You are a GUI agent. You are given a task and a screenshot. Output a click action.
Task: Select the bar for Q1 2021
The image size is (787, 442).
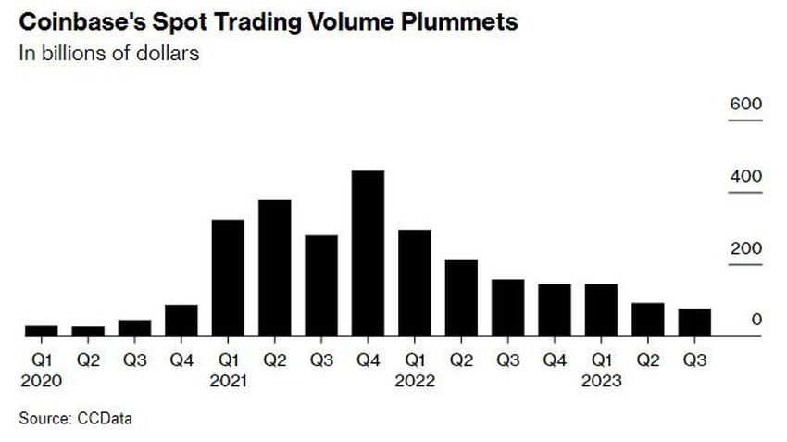point(228,278)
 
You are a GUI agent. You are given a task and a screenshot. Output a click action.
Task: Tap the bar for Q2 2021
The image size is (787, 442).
point(274,268)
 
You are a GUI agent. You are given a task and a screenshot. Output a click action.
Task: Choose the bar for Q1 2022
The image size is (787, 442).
point(414,283)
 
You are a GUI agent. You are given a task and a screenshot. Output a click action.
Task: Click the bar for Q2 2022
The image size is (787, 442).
point(461,298)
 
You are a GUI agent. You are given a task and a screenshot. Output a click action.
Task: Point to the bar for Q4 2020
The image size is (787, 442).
point(181,321)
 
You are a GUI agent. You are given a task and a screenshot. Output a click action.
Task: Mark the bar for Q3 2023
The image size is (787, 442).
point(694,322)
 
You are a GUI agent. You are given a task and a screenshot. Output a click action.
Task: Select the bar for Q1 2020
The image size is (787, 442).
point(42,331)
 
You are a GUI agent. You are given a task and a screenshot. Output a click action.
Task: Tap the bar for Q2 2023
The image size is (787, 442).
point(648,320)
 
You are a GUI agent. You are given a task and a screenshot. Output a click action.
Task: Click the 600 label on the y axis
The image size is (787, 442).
point(745,105)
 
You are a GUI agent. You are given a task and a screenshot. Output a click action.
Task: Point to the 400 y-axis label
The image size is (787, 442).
point(745,176)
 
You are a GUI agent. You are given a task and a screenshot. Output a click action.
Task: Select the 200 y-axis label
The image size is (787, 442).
point(745,248)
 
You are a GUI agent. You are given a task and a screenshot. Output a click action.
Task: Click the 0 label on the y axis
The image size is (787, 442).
point(756,320)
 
